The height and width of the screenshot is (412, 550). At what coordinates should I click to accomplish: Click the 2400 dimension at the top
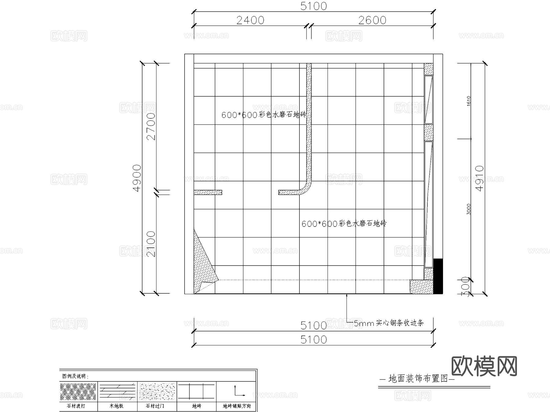(x=250, y=20)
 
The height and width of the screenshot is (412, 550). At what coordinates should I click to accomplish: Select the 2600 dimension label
(x=372, y=20)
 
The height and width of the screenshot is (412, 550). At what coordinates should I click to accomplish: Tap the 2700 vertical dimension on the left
(x=151, y=126)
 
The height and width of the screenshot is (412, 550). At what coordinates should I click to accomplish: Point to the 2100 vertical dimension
(x=151, y=244)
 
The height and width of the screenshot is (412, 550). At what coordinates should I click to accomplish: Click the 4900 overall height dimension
(x=137, y=178)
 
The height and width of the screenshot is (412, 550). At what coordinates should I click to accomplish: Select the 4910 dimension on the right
(x=480, y=178)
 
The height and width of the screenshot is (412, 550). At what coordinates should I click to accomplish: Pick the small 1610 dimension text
(x=469, y=101)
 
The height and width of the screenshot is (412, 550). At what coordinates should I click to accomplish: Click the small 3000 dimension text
(x=469, y=209)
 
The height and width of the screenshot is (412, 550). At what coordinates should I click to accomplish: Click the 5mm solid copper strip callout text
(x=389, y=323)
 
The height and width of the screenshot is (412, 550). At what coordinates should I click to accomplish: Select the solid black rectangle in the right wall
(x=438, y=276)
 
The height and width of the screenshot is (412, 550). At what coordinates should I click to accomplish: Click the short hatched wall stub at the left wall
(x=208, y=192)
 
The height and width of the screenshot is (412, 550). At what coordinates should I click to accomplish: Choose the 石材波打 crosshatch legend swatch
(x=78, y=392)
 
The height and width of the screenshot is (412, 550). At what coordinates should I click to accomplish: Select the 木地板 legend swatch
(x=117, y=392)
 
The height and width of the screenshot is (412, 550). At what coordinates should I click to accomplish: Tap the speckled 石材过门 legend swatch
(x=157, y=392)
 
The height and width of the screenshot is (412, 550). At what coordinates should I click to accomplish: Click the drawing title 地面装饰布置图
(x=418, y=379)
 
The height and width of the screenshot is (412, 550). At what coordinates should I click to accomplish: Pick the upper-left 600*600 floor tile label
(x=264, y=115)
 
